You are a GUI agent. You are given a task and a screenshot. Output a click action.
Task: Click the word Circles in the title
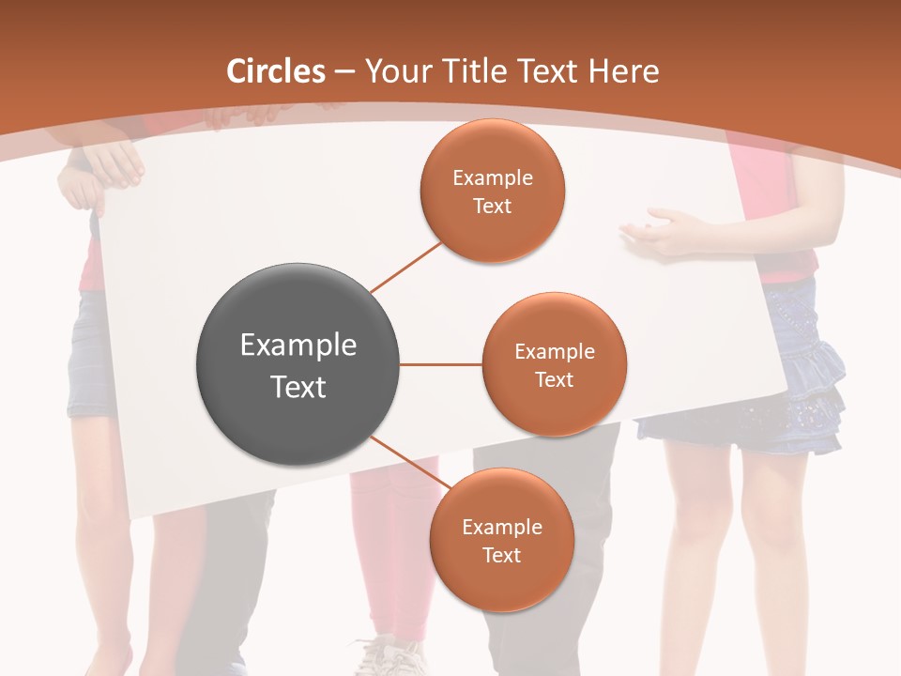pyautogui.click(x=276, y=71)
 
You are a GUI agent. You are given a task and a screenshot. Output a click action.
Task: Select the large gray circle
pyautogui.click(x=298, y=365)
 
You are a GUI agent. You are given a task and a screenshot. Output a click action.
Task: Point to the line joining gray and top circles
pyautogui.click(x=405, y=268)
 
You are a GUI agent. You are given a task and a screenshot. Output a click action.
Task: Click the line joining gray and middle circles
pyautogui.click(x=440, y=364)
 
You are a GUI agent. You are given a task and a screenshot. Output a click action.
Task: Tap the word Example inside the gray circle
pyautogui.click(x=298, y=346)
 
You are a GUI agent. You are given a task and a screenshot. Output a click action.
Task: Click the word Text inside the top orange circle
pyautogui.click(x=493, y=206)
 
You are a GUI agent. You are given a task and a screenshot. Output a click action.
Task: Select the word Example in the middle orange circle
pyautogui.click(x=554, y=352)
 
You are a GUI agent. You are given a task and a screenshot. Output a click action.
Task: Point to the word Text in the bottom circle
pyautogui.click(x=501, y=555)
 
